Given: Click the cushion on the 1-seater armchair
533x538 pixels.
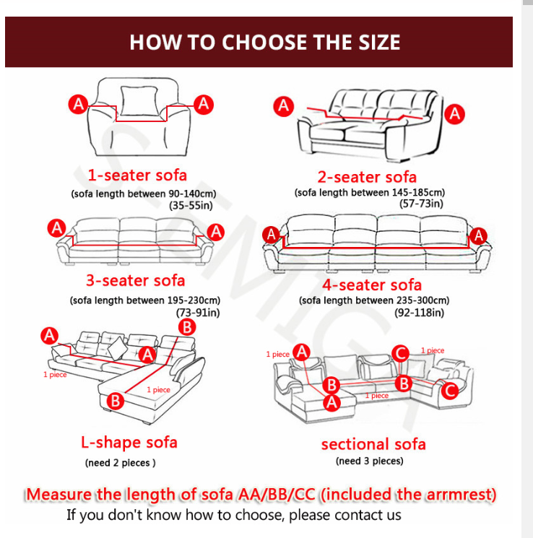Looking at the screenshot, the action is pyautogui.click(x=139, y=100).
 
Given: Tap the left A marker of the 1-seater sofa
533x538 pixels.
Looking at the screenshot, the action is pyautogui.click(x=78, y=104).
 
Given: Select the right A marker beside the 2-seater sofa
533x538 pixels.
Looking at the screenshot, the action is pyautogui.click(x=455, y=114).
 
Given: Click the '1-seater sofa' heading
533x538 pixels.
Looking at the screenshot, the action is pyautogui.click(x=137, y=175).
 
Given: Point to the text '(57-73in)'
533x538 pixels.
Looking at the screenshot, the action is pyautogui.click(x=421, y=204).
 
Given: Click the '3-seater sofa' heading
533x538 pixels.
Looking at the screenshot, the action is pyautogui.click(x=136, y=280).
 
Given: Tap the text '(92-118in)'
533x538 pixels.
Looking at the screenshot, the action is pyautogui.click(x=419, y=313).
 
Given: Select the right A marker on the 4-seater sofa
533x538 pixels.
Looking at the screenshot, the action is pyautogui.click(x=478, y=235).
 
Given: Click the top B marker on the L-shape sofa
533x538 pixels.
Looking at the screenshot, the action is pyautogui.click(x=187, y=327).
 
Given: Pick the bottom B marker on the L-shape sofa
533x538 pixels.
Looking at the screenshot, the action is pyautogui.click(x=115, y=401).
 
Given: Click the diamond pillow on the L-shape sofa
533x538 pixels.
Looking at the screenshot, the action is pyautogui.click(x=118, y=348).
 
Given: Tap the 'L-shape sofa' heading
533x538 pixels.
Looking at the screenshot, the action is pyautogui.click(x=129, y=442).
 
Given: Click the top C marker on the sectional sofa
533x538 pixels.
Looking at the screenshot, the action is pyautogui.click(x=401, y=353).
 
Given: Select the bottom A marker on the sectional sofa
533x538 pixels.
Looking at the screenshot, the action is pyautogui.click(x=331, y=402).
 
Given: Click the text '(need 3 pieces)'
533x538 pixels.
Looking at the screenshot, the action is pyautogui.click(x=369, y=461).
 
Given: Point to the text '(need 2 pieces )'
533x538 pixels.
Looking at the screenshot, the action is pyautogui.click(x=120, y=463).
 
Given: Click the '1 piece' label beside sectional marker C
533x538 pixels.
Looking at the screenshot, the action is pyautogui.click(x=433, y=350).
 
